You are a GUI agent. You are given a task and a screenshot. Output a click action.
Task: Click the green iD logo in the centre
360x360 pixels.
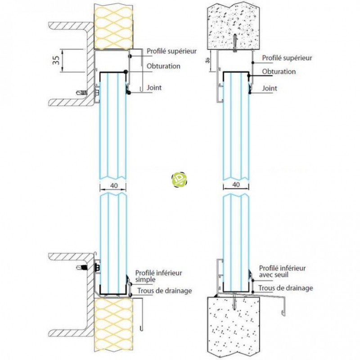coord(180,180)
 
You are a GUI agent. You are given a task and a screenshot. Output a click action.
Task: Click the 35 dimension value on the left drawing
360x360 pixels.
coord(56,60)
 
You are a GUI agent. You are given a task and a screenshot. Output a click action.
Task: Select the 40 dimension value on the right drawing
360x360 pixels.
coord(236,184)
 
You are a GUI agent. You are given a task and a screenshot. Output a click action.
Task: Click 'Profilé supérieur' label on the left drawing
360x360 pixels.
coord(171,51)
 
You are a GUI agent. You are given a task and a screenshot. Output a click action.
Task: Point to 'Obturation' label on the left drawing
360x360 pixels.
coord(163,66)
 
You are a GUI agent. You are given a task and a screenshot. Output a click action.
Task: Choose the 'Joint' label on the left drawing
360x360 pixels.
coord(154,88)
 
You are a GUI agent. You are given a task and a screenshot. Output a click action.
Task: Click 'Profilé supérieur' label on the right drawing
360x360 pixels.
coord(287,58)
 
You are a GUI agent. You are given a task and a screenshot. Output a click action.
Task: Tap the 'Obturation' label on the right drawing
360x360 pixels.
coord(279,72)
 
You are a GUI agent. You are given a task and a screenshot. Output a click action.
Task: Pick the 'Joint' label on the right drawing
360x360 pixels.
coord(270,89)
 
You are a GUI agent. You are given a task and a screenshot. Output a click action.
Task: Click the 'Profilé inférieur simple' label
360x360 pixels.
coord(158,276)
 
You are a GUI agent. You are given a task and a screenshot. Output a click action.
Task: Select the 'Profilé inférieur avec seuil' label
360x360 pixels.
coord(282,271)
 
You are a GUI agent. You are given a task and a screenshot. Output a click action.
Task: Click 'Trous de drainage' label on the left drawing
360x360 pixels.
coord(165,291)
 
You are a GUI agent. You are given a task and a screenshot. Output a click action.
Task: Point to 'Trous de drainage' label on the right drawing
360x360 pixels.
coord(286,288)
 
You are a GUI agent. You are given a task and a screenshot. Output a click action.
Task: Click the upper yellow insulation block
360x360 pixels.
coord(112,25)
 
